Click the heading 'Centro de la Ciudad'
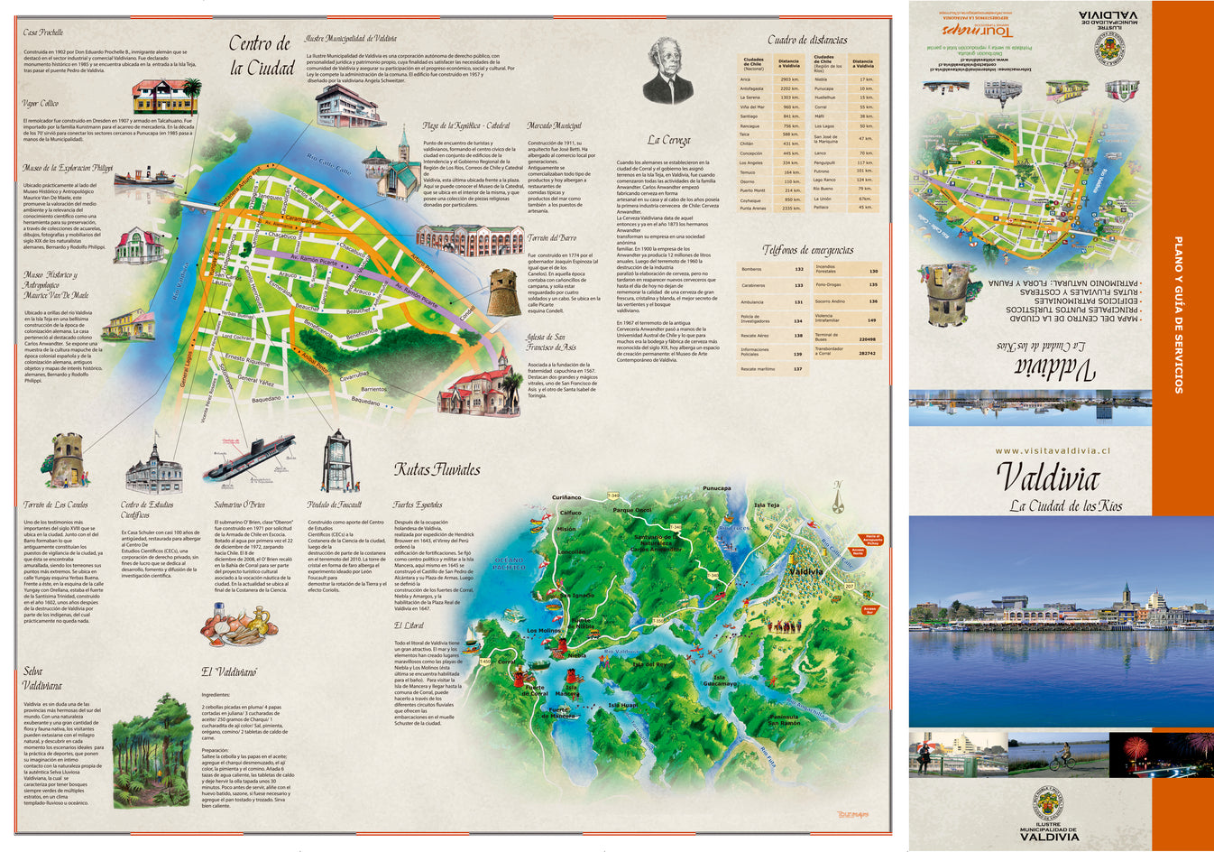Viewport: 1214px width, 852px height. coord(260,56)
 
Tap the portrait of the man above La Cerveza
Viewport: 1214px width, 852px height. coord(667,73)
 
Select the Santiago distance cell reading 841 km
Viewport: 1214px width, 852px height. coord(790,116)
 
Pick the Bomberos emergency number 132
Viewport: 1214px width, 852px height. coord(798,269)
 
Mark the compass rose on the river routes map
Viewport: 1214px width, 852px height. coord(837,497)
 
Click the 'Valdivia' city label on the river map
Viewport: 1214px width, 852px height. coord(805,571)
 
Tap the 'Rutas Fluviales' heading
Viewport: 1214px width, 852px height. coord(437,469)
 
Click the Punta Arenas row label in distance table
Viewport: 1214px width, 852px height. coord(753,208)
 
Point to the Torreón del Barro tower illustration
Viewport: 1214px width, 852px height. coord(504,292)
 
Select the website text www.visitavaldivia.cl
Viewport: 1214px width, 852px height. coord(1052,450)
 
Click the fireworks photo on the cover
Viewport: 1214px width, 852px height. coord(1160,755)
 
